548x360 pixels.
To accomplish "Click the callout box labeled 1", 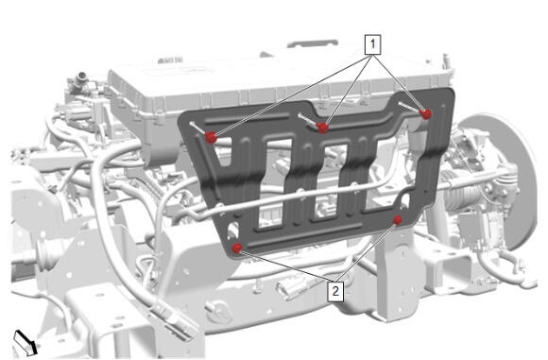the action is point(372,44).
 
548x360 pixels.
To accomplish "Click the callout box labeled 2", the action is point(335,290).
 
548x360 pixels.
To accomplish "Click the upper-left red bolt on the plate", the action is point(211,137).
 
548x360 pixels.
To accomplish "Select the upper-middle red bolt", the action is point(323,128).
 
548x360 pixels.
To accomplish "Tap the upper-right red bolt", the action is point(426,114).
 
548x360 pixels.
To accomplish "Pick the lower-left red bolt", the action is point(237,249).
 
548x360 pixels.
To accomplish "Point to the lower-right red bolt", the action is point(398,220).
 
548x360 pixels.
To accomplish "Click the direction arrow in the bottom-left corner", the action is point(25,343).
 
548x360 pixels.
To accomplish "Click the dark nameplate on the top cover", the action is point(170,60).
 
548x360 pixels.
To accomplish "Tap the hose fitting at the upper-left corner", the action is point(78,81).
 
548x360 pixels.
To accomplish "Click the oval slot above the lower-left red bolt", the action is point(232,230).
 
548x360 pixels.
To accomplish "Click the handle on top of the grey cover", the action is point(312,44).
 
